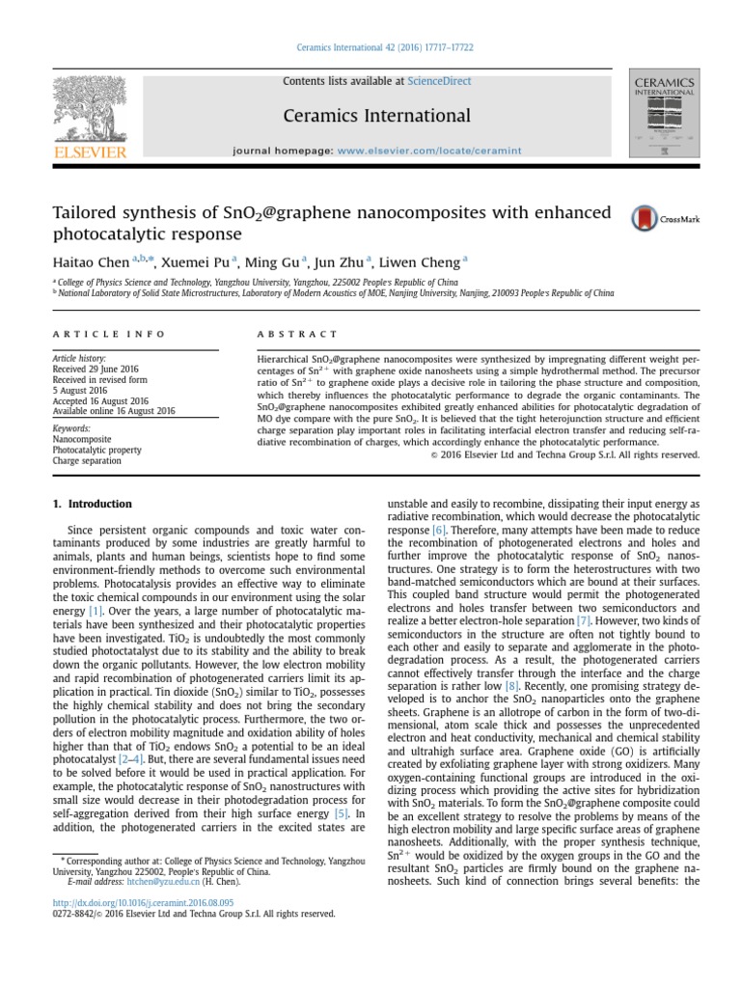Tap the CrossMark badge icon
(652, 219)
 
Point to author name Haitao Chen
(92, 261)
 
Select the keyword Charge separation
(87, 460)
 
